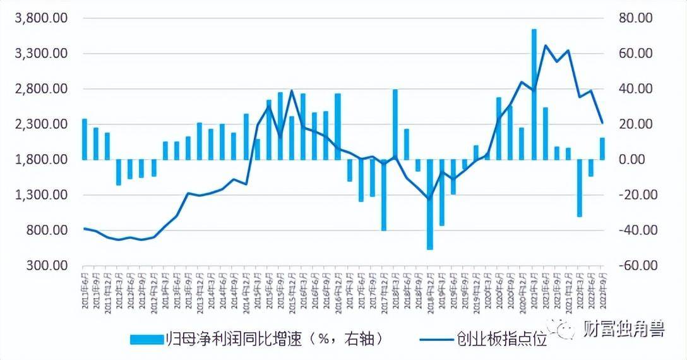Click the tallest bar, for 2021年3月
(534, 95)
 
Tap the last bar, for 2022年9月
(602, 149)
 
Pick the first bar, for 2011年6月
(84, 139)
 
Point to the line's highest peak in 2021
(545, 45)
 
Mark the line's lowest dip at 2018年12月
(430, 199)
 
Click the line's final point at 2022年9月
(602, 123)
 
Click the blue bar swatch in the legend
(146, 339)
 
